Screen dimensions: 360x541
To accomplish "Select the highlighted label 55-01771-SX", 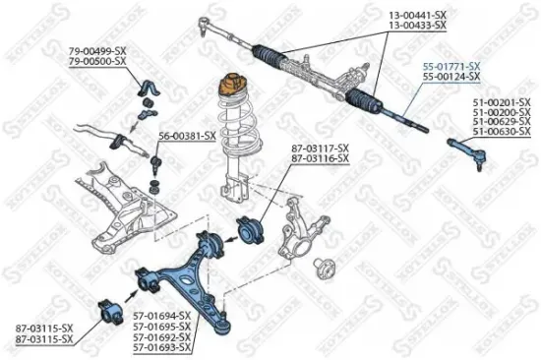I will pos(451,65).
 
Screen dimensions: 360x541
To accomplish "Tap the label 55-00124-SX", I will pos(451,76).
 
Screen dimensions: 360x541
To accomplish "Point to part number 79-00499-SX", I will pos(97,50).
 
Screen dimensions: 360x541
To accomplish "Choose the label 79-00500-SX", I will pos(97,61).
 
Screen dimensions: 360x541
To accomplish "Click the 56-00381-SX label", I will pos(187,135).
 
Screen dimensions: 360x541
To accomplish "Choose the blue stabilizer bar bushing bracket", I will pos(148,88).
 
